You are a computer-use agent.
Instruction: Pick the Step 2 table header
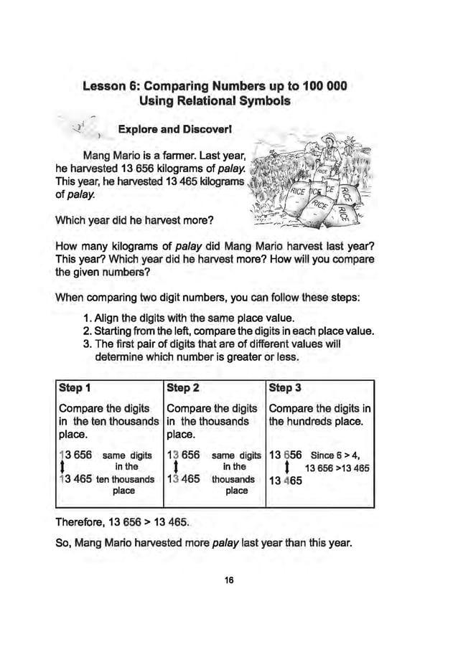(182, 388)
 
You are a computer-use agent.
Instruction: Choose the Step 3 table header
(286, 388)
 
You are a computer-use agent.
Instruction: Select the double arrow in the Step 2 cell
(177, 468)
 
